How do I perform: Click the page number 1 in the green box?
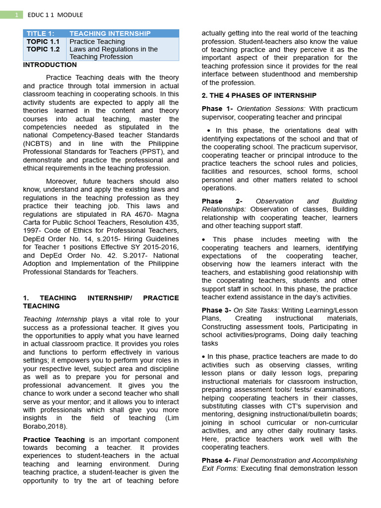[x=16, y=15]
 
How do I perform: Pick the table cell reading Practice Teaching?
[x=97, y=42]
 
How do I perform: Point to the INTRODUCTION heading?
[x=50, y=64]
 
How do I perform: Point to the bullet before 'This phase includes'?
[x=204, y=240]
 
